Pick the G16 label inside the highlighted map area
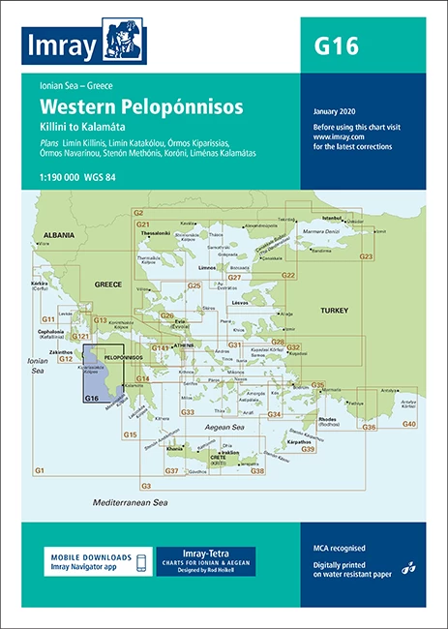(x=93, y=398)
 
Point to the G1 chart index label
(x=40, y=469)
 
